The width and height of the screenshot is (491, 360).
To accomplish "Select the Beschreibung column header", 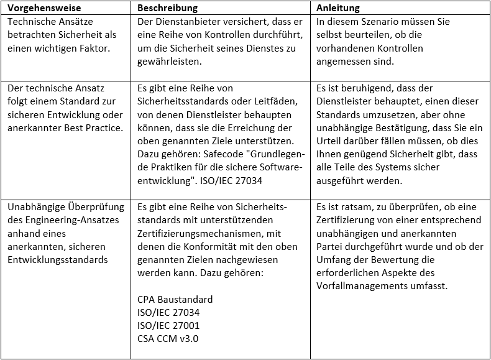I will point(167,8).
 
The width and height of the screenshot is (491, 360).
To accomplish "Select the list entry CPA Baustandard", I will point(175,299).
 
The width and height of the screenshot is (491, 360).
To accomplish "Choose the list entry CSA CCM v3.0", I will point(167,339).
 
